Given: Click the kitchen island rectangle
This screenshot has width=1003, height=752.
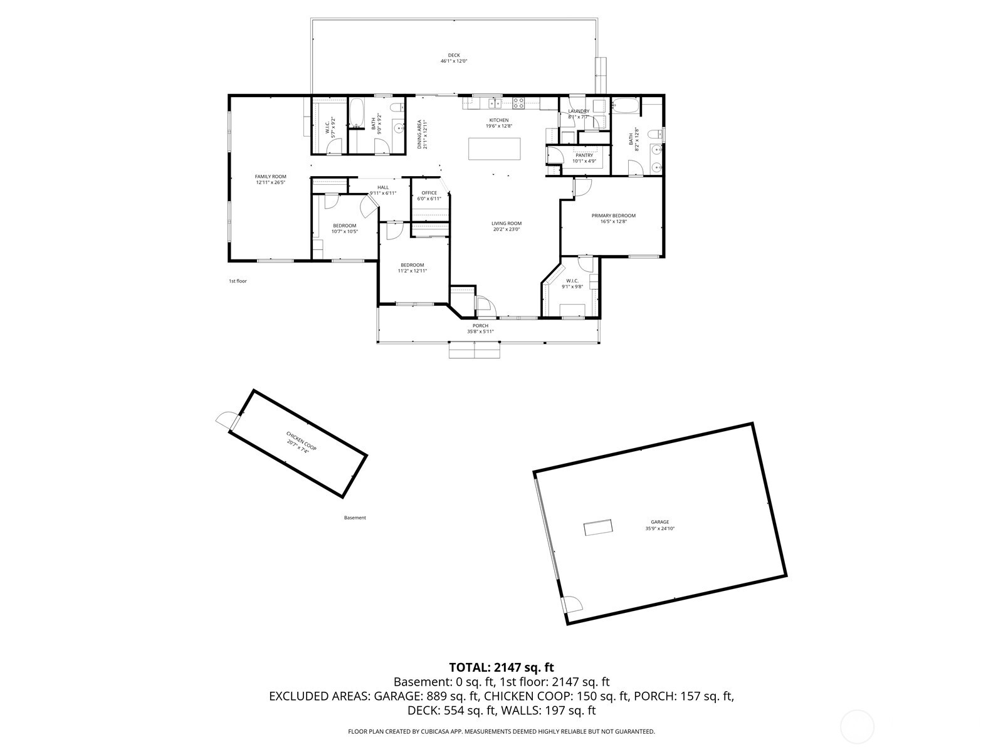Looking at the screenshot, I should click(494, 148).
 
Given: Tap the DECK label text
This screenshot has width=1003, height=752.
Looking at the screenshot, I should click(454, 55).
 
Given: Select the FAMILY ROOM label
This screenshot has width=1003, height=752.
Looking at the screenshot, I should click(270, 177).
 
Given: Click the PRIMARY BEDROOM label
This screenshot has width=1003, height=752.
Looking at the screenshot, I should click(613, 216).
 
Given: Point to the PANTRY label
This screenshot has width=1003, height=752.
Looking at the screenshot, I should click(584, 155).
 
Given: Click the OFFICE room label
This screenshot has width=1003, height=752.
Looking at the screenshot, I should click(429, 193).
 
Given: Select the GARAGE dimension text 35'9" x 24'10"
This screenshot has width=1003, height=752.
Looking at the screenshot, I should click(659, 528).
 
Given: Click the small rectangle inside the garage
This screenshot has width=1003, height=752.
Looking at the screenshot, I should click(598, 528).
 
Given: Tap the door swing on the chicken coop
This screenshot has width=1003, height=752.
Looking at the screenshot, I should click(224, 420).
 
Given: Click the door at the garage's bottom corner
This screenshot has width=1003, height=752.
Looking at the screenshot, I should click(572, 605).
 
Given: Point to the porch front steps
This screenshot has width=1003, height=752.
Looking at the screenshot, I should click(475, 350).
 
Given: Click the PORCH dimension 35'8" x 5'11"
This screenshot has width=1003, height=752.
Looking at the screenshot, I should click(480, 332).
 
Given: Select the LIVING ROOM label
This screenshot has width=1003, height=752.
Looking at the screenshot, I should click(506, 223).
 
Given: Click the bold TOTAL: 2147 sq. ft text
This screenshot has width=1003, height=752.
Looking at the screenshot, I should click(501, 667).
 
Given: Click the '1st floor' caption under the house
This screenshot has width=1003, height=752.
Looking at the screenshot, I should click(238, 281).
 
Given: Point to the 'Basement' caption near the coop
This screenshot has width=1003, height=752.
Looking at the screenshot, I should click(355, 518).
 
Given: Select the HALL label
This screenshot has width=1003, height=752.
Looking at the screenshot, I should click(382, 187).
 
